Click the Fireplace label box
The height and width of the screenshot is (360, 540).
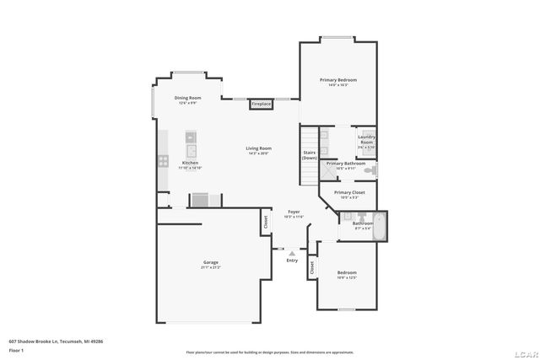(262, 104)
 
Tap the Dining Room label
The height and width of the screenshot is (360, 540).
(187, 99)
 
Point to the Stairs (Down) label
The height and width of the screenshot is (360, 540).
(310, 155)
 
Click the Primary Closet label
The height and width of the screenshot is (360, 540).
(348, 194)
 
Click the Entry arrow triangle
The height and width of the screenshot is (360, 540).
(292, 252)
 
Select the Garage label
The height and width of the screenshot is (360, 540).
(210, 264)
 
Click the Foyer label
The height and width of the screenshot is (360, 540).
(294, 213)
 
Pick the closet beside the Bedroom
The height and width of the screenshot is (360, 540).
(311, 269)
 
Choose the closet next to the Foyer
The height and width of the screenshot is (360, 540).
(266, 223)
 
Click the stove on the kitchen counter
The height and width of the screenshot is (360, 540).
(160, 160)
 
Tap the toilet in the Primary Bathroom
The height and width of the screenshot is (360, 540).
(370, 170)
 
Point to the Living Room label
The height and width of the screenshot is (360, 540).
(259, 150)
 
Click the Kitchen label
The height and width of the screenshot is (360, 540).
(191, 164)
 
